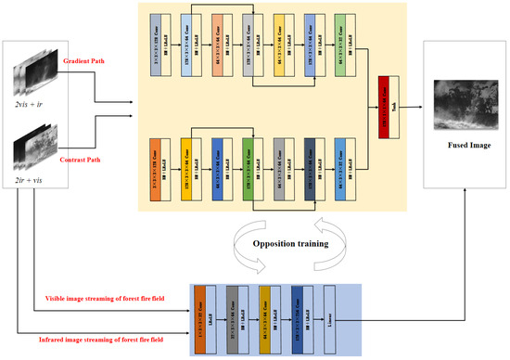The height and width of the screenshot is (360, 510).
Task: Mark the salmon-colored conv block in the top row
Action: tap(215, 45)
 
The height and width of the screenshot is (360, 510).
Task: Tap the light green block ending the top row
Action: tap(340, 45)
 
